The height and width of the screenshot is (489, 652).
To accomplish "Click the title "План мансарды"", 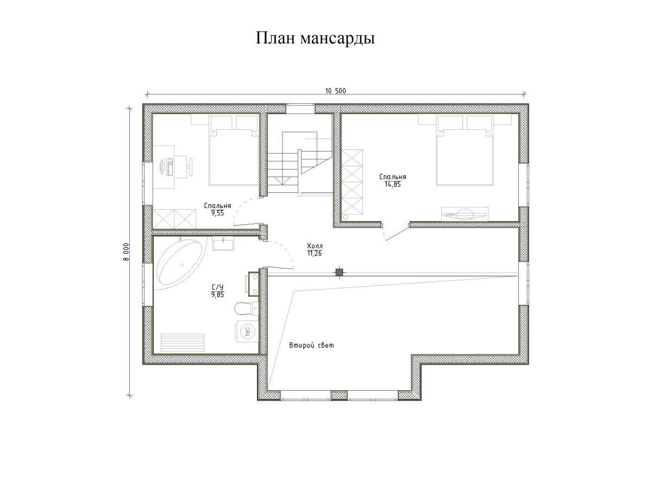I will [x=315, y=39].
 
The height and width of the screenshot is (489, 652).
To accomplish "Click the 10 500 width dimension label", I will [x=335, y=91].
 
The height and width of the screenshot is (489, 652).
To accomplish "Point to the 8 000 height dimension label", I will [x=126, y=252].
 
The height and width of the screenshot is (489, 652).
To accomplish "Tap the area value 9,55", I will [x=217, y=214].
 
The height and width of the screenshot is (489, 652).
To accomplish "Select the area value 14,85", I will [x=392, y=184].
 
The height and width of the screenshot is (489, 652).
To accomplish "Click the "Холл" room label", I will [x=315, y=246].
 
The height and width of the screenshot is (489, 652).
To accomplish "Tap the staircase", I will [x=299, y=163].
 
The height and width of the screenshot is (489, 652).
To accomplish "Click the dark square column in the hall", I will [x=339, y=272].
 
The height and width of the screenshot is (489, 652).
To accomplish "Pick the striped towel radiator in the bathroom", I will [x=184, y=343].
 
